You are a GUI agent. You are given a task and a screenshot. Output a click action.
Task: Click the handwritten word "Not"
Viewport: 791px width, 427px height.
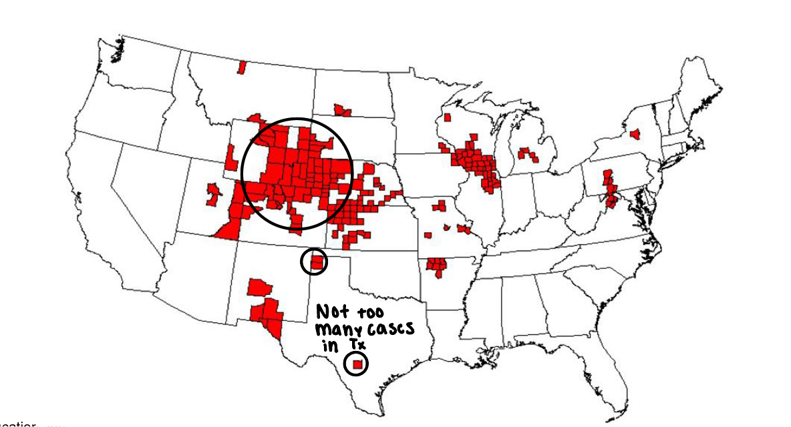[332, 312]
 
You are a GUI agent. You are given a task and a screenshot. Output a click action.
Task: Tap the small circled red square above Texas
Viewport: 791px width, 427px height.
[317, 262]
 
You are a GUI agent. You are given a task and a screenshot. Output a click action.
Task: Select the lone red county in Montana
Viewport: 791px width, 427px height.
[242, 67]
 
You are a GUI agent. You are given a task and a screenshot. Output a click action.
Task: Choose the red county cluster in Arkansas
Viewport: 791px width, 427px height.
[438, 266]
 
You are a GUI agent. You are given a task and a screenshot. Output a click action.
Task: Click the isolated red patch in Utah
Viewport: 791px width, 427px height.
[214, 193]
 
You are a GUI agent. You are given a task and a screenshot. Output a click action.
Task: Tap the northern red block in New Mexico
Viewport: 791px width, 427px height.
[259, 288]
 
